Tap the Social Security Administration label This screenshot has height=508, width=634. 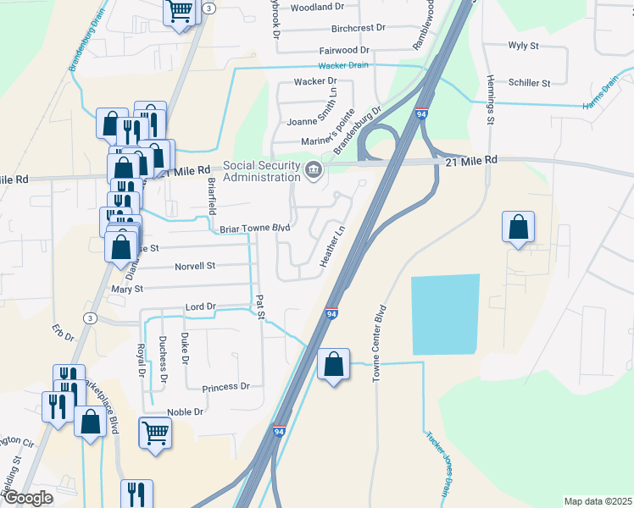(x=261, y=171)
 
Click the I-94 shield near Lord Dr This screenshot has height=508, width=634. (x=331, y=314)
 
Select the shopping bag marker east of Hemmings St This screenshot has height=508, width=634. (x=518, y=228)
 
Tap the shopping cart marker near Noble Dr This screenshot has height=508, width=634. (x=156, y=434)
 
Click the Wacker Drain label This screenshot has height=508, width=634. (x=343, y=65)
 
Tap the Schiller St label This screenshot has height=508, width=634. (x=530, y=83)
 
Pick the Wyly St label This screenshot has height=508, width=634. (x=524, y=45)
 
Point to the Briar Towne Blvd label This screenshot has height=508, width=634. (x=255, y=229)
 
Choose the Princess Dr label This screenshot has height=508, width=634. (x=226, y=387)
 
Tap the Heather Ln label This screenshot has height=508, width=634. (x=333, y=246)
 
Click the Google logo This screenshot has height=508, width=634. (x=27, y=498)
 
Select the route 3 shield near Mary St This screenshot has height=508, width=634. (x=90, y=317)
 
